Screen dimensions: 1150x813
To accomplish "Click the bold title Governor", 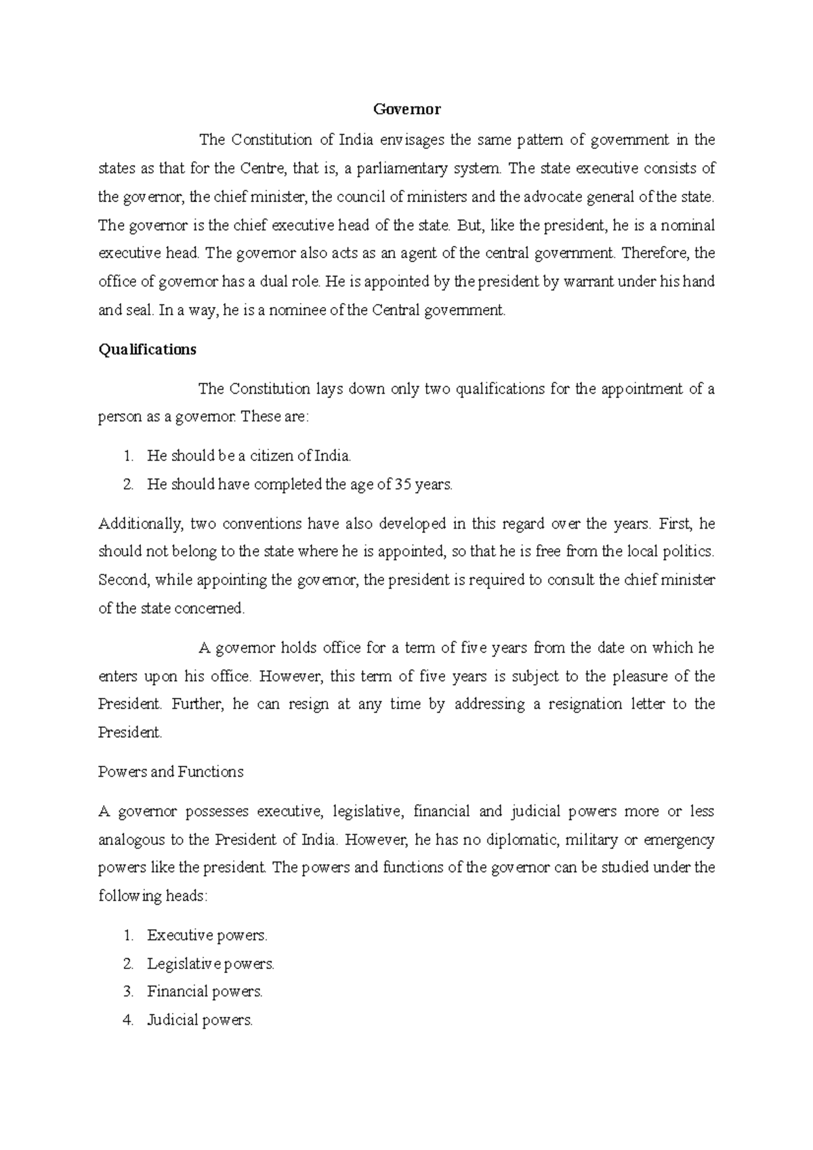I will [407, 109].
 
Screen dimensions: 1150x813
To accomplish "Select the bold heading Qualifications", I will [147, 350].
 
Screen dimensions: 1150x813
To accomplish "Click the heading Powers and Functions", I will [171, 772].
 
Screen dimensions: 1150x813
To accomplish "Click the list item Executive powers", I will [207, 936].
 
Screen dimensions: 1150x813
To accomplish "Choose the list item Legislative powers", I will [211, 964].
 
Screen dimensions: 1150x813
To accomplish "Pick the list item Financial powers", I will [205, 991].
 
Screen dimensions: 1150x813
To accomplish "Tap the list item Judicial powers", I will [200, 1020].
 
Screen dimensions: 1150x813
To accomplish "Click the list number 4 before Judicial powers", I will [129, 1020].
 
